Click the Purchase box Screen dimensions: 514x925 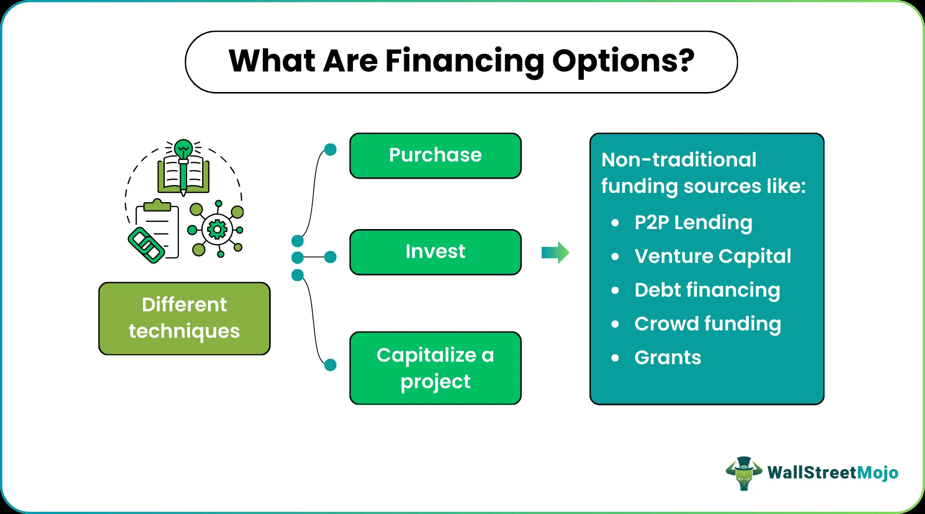point(435,156)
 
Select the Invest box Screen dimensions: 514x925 point(435,252)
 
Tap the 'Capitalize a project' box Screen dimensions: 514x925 point(435,368)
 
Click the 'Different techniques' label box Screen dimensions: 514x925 point(184,318)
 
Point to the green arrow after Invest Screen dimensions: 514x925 point(555,253)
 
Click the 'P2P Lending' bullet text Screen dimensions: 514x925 point(693,223)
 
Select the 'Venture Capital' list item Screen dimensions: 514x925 point(712,257)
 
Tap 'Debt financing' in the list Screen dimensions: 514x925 point(707,290)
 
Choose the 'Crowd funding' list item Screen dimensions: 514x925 point(707,324)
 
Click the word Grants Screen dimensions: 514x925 point(668,358)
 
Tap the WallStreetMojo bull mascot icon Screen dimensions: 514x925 point(743,473)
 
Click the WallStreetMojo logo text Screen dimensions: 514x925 point(832,473)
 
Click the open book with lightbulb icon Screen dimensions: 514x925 point(184,169)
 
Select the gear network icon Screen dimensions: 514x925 point(217,229)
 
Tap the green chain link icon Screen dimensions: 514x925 point(145,245)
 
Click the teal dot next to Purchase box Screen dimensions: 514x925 point(330,150)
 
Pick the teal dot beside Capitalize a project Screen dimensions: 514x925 point(330,365)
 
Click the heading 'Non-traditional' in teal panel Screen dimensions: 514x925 point(678,160)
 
